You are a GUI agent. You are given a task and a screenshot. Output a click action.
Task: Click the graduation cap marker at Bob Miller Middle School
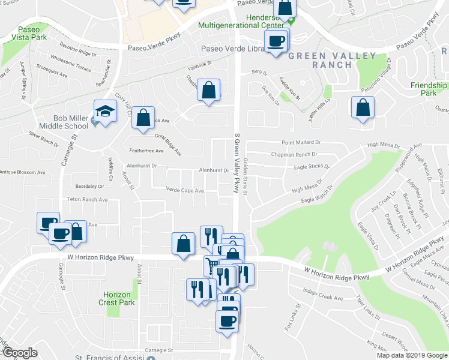point(104,112)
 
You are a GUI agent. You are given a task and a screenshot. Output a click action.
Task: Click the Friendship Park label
point(429,89)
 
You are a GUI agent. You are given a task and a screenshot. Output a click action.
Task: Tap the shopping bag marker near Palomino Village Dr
point(363,108)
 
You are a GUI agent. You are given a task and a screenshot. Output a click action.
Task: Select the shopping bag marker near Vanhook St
point(208,90)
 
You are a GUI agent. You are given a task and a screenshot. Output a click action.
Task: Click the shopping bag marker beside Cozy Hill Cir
point(143,118)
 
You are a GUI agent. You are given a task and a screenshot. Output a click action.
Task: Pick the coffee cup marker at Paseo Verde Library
point(276,42)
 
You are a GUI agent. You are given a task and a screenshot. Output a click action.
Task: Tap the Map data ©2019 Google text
point(412,355)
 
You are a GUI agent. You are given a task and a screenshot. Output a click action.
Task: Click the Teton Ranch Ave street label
point(87,199)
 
